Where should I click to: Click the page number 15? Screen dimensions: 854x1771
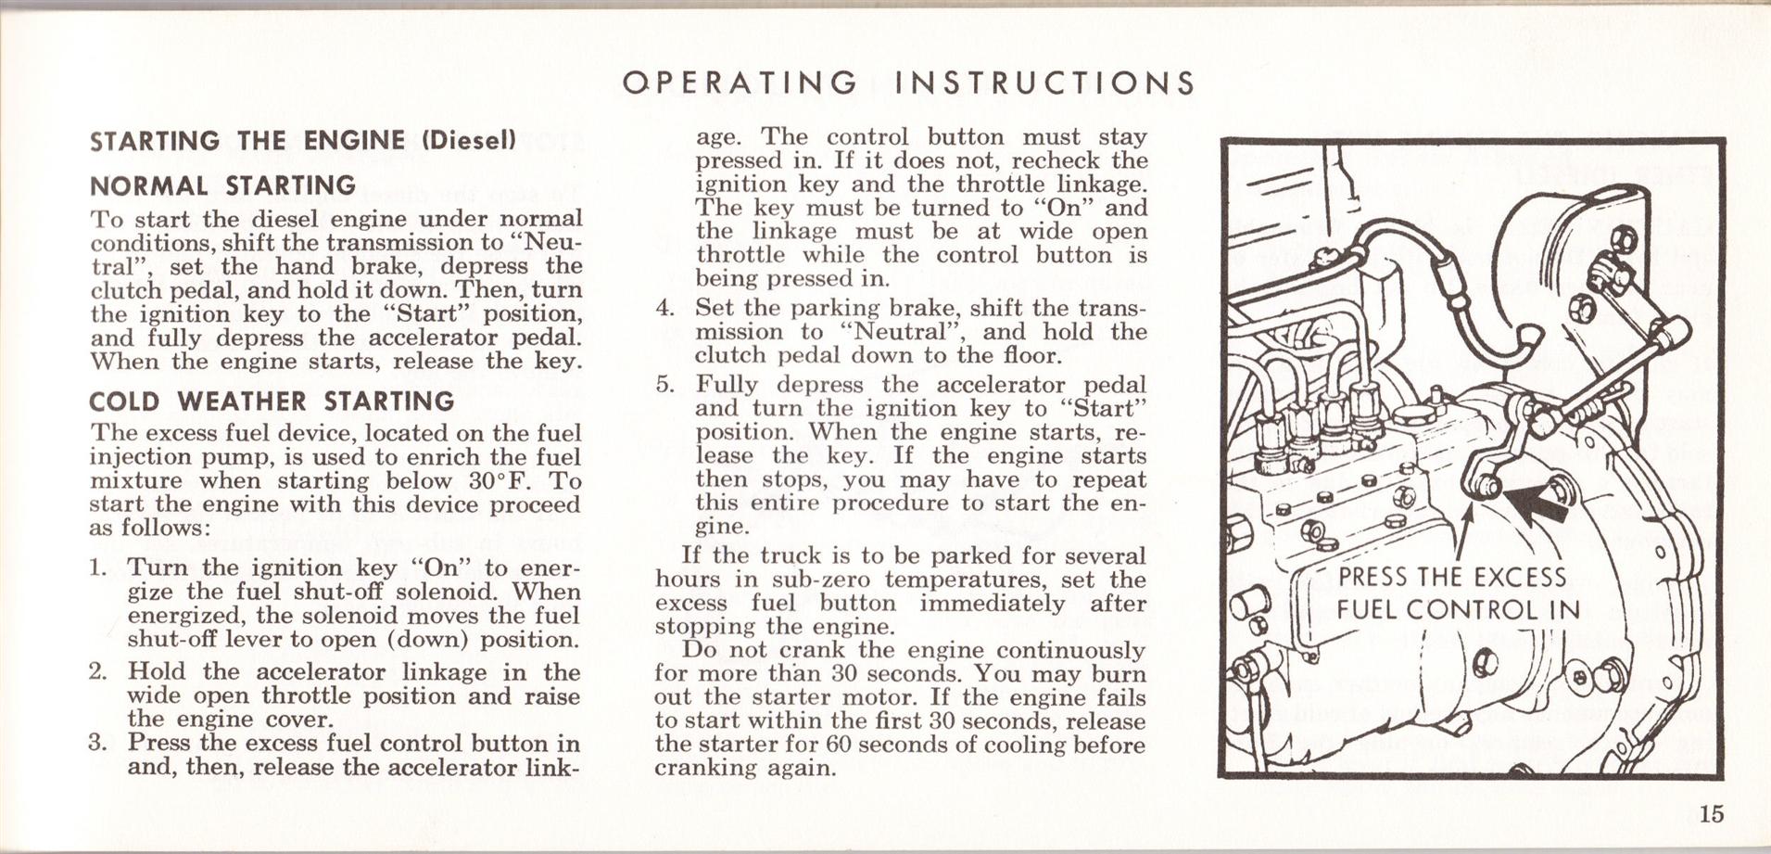[1712, 814]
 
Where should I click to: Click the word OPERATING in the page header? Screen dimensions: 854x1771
[740, 83]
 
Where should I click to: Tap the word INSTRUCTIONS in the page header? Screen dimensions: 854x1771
[1044, 83]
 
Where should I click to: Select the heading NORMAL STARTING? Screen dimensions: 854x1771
[222, 185]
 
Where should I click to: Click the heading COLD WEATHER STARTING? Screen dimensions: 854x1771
[272, 402]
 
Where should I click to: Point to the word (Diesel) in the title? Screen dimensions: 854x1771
[468, 141]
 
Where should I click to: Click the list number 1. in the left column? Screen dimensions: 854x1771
[99, 567]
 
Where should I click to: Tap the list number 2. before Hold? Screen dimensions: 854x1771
[99, 671]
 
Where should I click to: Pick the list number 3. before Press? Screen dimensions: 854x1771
[99, 743]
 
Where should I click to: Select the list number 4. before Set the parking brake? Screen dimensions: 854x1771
[665, 308]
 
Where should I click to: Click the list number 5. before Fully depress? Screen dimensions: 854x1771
[665, 385]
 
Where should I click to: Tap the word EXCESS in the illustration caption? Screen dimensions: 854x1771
[1520, 577]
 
